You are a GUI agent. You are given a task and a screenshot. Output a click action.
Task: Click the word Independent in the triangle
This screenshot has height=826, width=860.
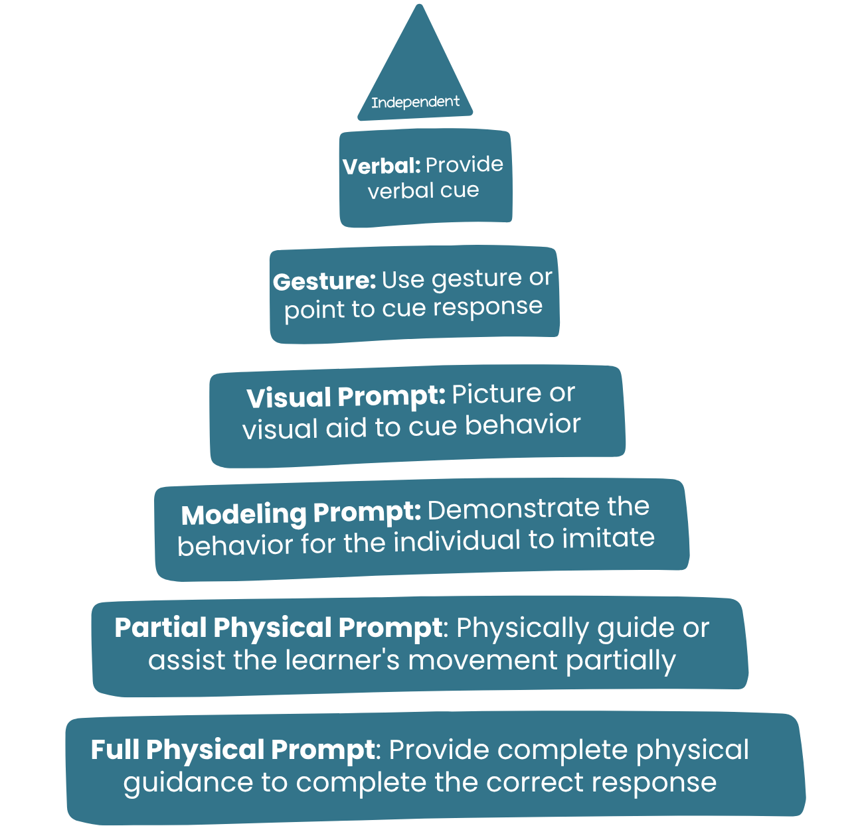[x=415, y=102]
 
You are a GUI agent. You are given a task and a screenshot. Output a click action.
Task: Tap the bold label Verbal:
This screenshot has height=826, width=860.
[x=381, y=166]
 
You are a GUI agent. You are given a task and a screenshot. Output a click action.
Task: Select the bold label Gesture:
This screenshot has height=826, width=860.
[x=324, y=281]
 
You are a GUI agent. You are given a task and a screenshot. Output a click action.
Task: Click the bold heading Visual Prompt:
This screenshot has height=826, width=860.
[x=345, y=397]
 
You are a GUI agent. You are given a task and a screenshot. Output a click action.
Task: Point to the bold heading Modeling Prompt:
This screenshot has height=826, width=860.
[x=301, y=514]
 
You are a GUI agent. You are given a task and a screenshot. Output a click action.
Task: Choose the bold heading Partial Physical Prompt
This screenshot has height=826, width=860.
[x=278, y=628]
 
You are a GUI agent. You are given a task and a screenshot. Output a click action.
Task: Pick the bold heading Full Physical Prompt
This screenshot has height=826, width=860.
[x=232, y=750]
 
